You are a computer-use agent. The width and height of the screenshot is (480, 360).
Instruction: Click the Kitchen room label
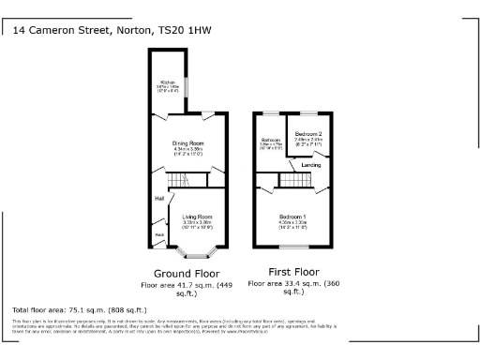(x=170, y=82)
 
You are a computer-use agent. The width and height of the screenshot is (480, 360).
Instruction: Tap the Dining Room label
(x=187, y=142)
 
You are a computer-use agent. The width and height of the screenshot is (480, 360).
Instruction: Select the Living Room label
(x=197, y=216)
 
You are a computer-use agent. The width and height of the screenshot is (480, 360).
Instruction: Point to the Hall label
(x=159, y=199)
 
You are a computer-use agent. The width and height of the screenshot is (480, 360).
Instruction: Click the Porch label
(x=159, y=234)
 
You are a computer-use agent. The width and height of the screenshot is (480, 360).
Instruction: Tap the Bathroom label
(x=270, y=141)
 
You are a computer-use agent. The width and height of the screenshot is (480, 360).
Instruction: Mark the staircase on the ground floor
(x=178, y=180)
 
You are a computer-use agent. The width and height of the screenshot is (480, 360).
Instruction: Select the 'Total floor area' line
(x=80, y=309)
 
